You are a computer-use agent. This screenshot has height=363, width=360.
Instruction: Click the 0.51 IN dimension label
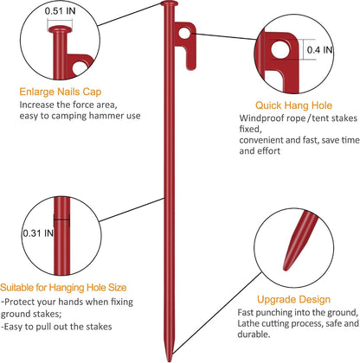pos(60,11)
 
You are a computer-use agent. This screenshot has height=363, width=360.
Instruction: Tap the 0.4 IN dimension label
pos(319,50)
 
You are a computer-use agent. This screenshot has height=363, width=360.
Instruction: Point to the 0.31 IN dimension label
pos(38,232)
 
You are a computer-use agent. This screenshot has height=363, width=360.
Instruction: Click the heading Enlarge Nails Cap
pos(61,92)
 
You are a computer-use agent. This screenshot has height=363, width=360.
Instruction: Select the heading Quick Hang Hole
pos(293,105)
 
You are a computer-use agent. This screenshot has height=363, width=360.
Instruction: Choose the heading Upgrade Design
pos(293,299)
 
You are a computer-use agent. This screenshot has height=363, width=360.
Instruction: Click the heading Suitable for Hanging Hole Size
pos(63,287)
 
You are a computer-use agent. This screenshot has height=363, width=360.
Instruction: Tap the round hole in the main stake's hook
pos(184,33)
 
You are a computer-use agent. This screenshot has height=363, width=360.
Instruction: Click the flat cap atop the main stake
pos(170,3)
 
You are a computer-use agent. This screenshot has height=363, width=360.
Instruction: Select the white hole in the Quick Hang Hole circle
pos(280,49)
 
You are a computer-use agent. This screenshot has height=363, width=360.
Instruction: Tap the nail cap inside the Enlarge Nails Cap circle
pos(61,29)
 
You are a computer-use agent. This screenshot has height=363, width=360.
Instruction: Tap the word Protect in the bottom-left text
pos(20,302)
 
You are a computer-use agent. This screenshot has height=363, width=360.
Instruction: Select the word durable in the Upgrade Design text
pos(254,334)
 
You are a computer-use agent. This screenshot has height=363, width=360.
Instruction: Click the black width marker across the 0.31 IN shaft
pos(61,220)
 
